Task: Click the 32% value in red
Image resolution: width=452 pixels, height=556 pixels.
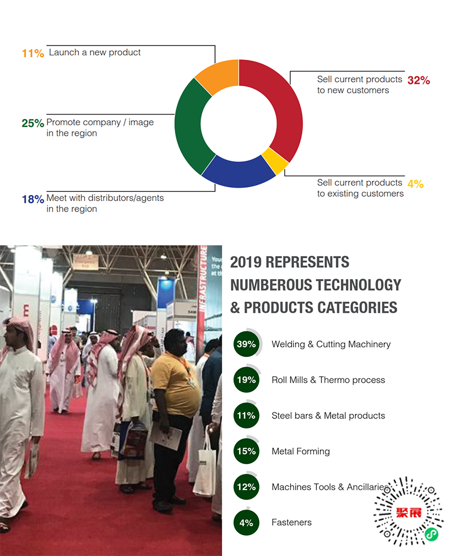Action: [419, 80]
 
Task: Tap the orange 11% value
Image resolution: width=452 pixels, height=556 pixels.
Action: [33, 54]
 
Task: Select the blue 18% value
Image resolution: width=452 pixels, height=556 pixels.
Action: [33, 199]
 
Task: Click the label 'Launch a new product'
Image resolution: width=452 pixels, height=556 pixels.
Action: [95, 52]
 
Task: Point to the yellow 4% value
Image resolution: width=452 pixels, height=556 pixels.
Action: [415, 184]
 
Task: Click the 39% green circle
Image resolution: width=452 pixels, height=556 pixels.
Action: [247, 344]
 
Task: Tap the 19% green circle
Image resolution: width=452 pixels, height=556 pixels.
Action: [247, 380]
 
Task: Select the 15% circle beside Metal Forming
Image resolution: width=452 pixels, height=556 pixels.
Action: [247, 451]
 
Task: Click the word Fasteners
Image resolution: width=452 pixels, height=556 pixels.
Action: [292, 522]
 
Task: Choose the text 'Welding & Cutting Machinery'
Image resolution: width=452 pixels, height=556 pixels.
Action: [331, 344]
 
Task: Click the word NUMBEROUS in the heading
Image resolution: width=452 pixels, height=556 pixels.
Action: [270, 285]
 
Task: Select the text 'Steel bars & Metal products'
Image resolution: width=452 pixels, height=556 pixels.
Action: [328, 416]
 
